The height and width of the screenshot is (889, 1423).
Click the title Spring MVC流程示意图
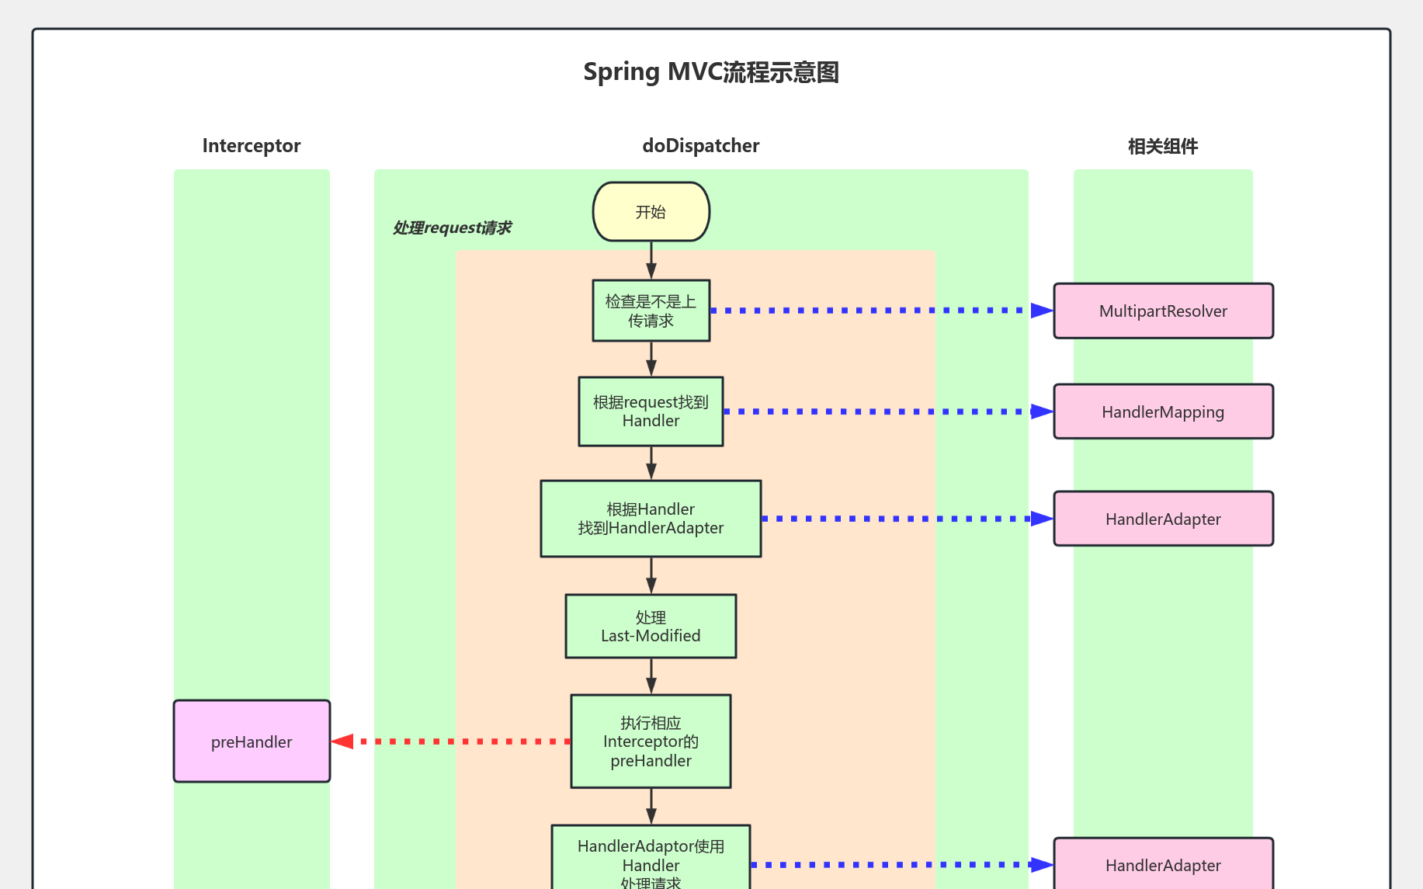(710, 72)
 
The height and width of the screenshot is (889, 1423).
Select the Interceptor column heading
(251, 146)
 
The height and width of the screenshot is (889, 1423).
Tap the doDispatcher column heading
(700, 146)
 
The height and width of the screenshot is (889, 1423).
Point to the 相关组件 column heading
(1162, 146)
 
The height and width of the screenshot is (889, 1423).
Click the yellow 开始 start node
(651, 212)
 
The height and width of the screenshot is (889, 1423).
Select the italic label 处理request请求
(452, 227)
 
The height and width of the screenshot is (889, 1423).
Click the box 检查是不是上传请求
(651, 311)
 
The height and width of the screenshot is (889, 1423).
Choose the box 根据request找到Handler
(651, 412)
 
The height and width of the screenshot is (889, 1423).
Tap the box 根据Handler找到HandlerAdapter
(651, 519)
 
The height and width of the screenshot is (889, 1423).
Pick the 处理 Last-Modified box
(651, 627)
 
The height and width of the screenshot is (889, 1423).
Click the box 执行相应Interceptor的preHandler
(651, 741)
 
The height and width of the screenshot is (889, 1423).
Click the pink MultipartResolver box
(1163, 311)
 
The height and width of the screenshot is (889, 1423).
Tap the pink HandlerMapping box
(1163, 412)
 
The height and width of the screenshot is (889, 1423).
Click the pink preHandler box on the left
(252, 741)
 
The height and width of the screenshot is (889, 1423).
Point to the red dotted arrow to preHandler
(450, 741)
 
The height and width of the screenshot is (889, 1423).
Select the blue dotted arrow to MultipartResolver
(877, 311)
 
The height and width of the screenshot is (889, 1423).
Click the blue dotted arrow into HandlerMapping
(885, 412)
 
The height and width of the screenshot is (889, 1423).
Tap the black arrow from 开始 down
(651, 260)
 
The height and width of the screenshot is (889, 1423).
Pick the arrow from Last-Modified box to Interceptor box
(651, 676)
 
